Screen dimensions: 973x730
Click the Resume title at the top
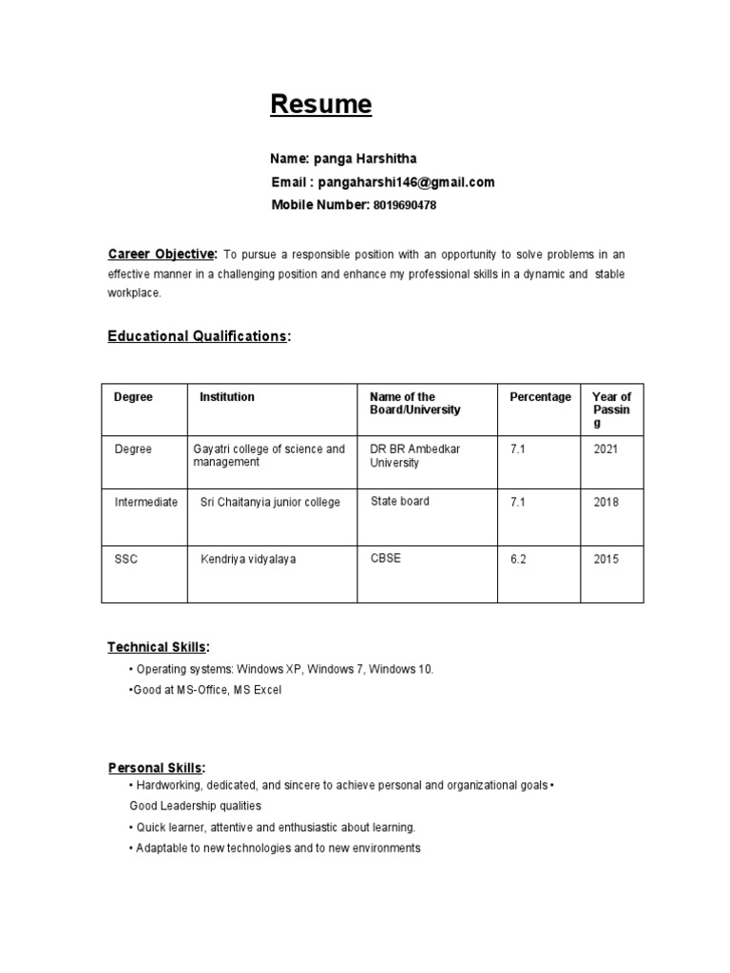321,105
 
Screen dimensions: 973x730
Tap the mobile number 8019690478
405,205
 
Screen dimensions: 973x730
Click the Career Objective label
163,255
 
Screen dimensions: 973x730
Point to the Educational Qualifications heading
198,336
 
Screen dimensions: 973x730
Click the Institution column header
227,397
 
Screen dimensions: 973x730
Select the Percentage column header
541,397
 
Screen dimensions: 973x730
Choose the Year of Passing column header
611,410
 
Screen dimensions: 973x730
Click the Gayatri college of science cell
269,455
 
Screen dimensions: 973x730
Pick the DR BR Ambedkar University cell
415,455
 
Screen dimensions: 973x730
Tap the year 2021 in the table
605,448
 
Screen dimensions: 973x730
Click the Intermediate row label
145,502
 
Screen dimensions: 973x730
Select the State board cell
399,501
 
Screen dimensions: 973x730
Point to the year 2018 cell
605,502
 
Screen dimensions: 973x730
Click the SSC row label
125,559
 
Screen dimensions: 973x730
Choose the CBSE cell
386,558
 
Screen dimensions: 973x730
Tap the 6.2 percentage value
518,559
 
